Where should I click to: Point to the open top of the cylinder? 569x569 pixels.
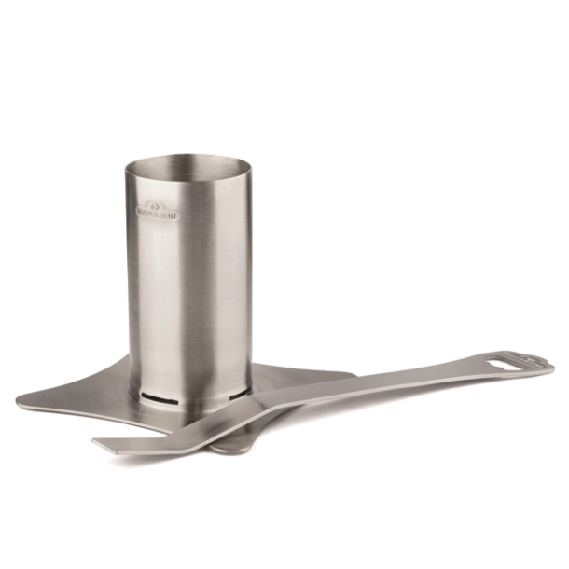[x=188, y=171]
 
